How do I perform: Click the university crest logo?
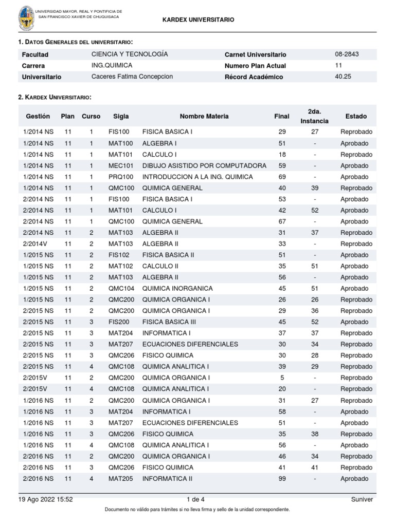(x=26, y=19)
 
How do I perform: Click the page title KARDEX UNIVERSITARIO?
(x=198, y=20)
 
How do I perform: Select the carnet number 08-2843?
(x=347, y=54)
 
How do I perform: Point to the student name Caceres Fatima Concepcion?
(x=132, y=77)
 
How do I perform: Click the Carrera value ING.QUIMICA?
(x=112, y=65)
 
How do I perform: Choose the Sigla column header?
(x=121, y=117)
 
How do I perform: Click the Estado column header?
(x=356, y=117)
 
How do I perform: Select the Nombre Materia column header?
(x=204, y=117)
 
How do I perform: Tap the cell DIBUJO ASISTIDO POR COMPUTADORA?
(x=204, y=165)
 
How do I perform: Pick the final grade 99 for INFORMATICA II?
(x=281, y=479)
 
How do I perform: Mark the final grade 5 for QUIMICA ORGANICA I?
(x=281, y=378)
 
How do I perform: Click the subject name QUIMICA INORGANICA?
(x=177, y=288)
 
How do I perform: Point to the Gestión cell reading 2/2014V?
(x=35, y=243)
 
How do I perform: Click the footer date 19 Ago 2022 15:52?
(x=45, y=499)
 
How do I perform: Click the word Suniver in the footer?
(x=362, y=499)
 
